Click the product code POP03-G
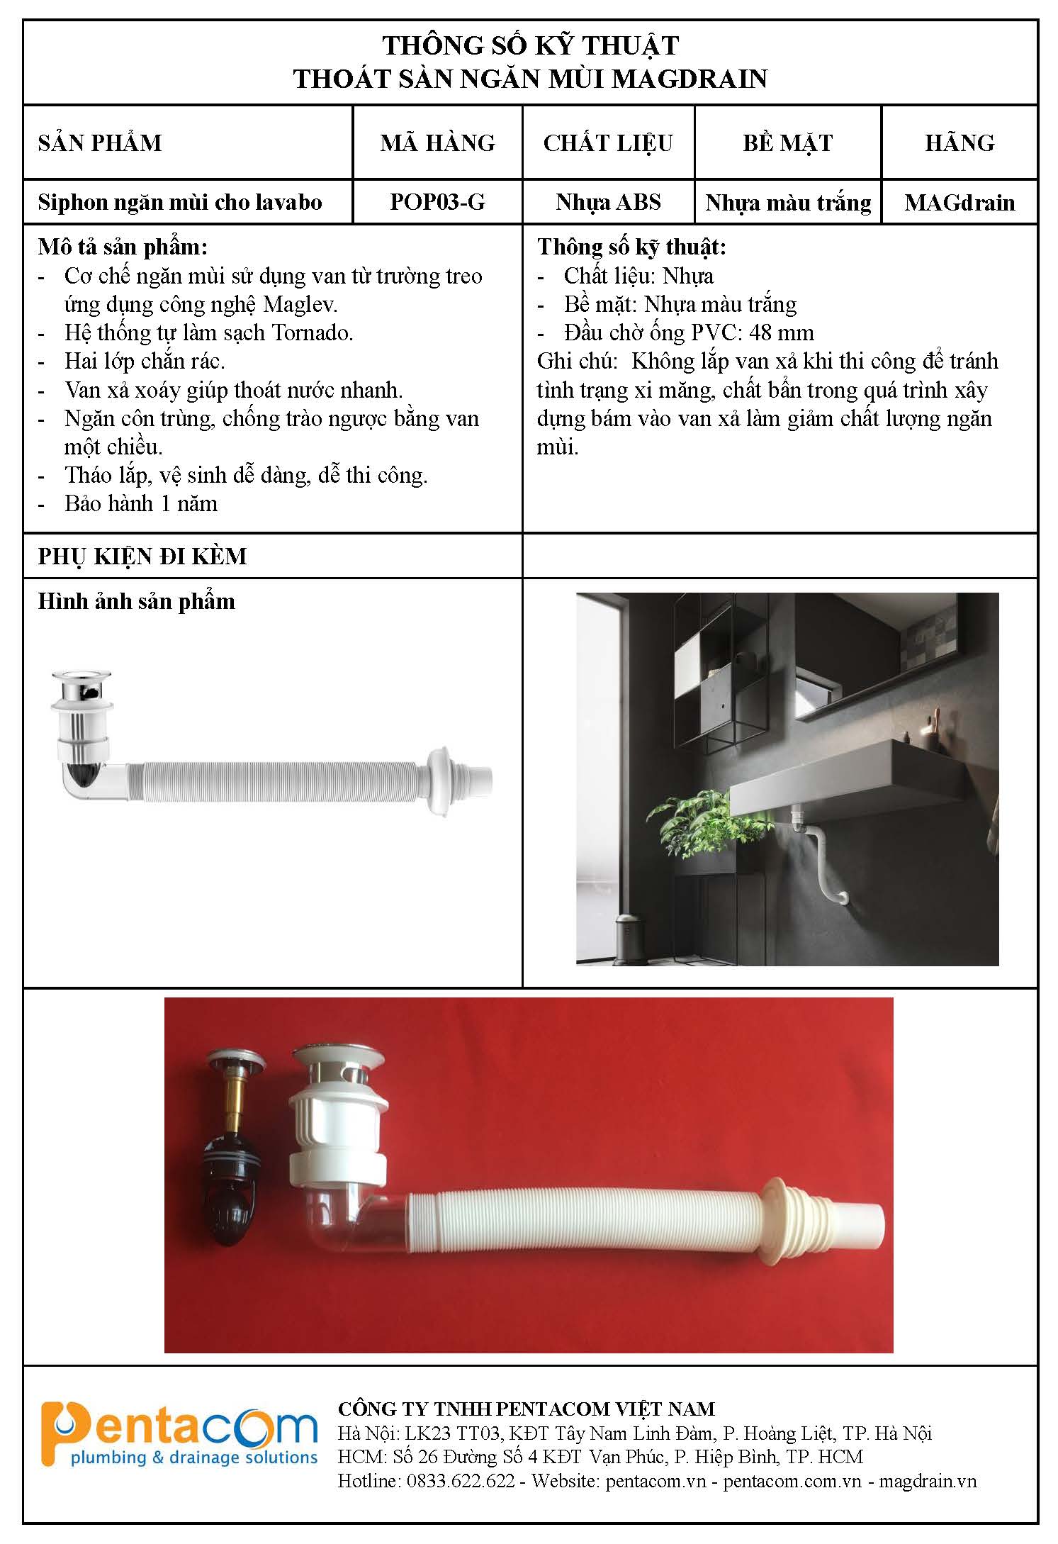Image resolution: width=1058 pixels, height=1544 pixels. click(x=437, y=202)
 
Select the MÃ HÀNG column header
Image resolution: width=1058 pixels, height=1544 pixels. click(x=437, y=143)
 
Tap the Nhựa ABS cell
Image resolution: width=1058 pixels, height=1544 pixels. click(x=608, y=202)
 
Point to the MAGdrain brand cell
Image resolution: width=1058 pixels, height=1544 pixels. click(x=959, y=203)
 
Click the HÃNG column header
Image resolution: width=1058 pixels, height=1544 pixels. click(x=959, y=143)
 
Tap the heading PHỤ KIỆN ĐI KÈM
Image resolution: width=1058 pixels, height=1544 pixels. click(x=142, y=556)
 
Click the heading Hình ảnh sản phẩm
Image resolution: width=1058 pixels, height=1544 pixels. click(x=136, y=602)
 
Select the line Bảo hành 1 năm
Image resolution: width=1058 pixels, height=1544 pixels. click(x=140, y=504)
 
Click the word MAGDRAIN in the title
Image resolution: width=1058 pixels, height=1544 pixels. click(x=690, y=79)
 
